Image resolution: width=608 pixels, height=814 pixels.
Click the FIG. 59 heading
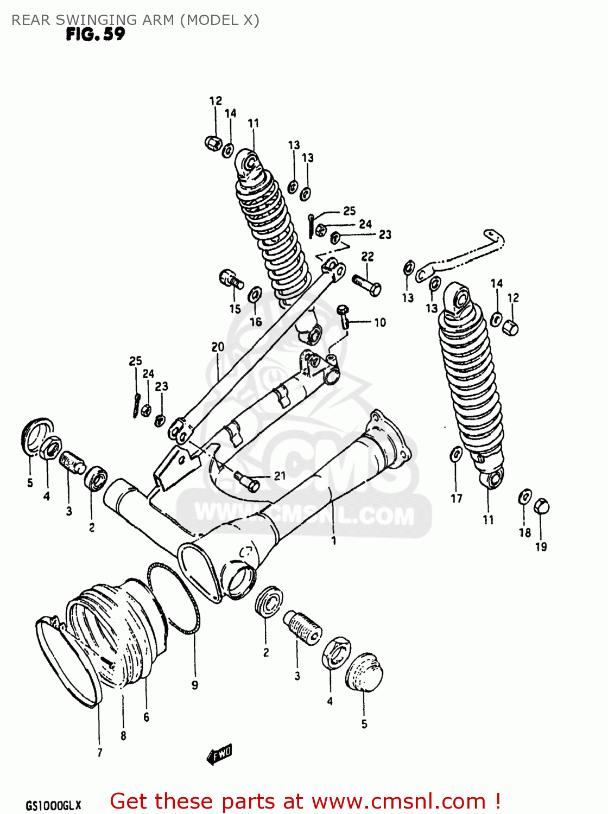pyautogui.click(x=96, y=35)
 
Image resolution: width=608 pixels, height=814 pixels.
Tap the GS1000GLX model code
pyautogui.click(x=53, y=805)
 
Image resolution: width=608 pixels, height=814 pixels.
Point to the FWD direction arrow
pyautogui.click(x=220, y=754)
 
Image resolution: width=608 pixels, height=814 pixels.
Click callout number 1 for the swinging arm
pyautogui.click(x=334, y=540)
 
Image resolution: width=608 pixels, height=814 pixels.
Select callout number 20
pyautogui.click(x=218, y=347)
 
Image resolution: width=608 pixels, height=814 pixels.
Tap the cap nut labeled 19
pyautogui.click(x=542, y=506)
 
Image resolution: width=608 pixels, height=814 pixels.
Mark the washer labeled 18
pyautogui.click(x=525, y=497)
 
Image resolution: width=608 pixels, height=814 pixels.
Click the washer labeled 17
pyautogui.click(x=457, y=454)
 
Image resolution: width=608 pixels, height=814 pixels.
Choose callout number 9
pyautogui.click(x=195, y=685)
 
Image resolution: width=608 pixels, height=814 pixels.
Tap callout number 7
pyautogui.click(x=99, y=752)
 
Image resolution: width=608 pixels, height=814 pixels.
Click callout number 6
pyautogui.click(x=146, y=717)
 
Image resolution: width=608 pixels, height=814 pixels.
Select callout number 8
pyautogui.click(x=123, y=736)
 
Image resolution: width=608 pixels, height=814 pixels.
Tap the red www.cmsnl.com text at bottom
pyautogui.click(x=398, y=801)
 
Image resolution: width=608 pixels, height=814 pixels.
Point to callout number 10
pyautogui.click(x=380, y=322)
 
